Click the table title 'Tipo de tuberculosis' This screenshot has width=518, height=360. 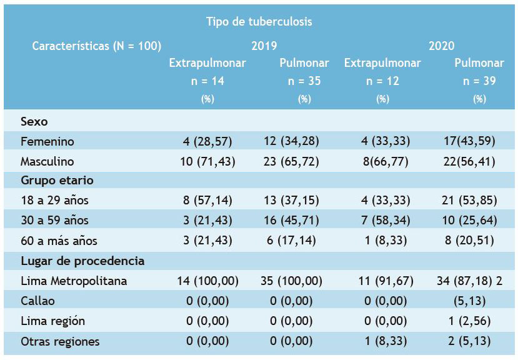click(259, 21)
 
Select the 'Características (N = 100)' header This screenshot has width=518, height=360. click(96, 46)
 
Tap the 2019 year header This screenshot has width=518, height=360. click(264, 46)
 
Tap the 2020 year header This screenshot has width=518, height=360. click(441, 46)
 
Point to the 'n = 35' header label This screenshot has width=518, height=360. click(304, 81)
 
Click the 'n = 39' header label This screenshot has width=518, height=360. click(479, 81)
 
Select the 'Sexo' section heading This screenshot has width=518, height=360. click(34, 121)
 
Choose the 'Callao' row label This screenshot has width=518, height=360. click(37, 301)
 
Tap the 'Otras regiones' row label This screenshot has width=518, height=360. click(60, 341)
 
